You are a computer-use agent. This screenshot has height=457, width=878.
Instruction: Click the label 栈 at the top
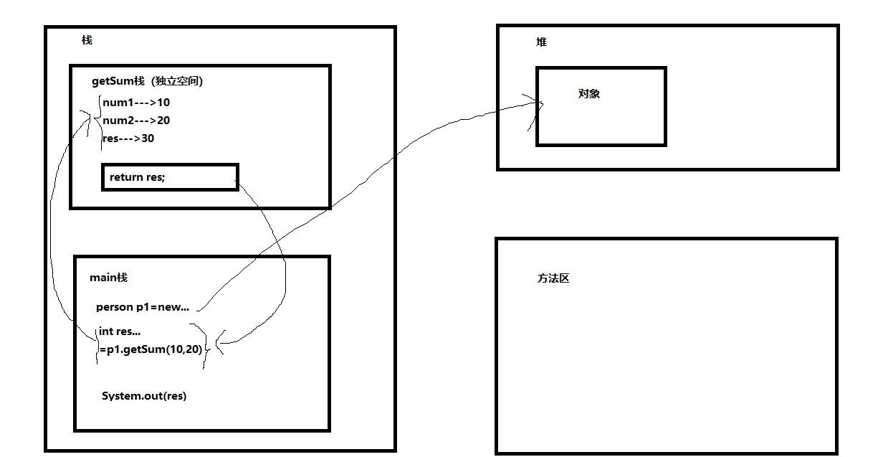(x=87, y=40)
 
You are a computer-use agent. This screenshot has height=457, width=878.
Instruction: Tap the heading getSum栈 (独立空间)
(x=147, y=81)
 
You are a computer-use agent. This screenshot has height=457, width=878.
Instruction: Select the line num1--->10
(x=136, y=103)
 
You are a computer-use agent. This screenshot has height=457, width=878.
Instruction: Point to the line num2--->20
(x=136, y=121)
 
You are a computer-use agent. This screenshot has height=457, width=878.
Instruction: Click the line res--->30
(x=128, y=138)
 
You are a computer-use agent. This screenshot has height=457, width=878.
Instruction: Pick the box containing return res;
(x=170, y=177)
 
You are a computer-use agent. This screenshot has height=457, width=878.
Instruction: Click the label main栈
(x=109, y=278)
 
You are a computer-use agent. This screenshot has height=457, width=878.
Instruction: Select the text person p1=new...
(x=143, y=307)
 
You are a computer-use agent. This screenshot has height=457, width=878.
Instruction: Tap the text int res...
(x=120, y=331)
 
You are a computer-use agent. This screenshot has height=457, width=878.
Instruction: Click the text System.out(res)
(x=144, y=396)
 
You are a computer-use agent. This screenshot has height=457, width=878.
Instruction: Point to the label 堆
(x=541, y=42)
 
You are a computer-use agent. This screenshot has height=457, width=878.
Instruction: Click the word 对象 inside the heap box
(x=589, y=94)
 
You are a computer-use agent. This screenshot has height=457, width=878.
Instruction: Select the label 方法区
(x=553, y=278)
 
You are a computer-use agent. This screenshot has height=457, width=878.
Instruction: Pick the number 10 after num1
(x=163, y=103)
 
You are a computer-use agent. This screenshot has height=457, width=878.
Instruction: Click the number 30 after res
(x=148, y=138)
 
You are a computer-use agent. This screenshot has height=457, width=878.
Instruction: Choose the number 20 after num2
(x=163, y=121)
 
